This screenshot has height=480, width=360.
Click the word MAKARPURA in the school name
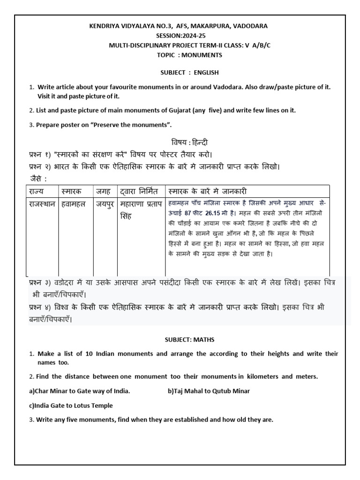(207, 26)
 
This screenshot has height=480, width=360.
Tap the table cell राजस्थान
(41, 204)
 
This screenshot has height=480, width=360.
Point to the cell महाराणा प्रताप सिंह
(140, 210)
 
